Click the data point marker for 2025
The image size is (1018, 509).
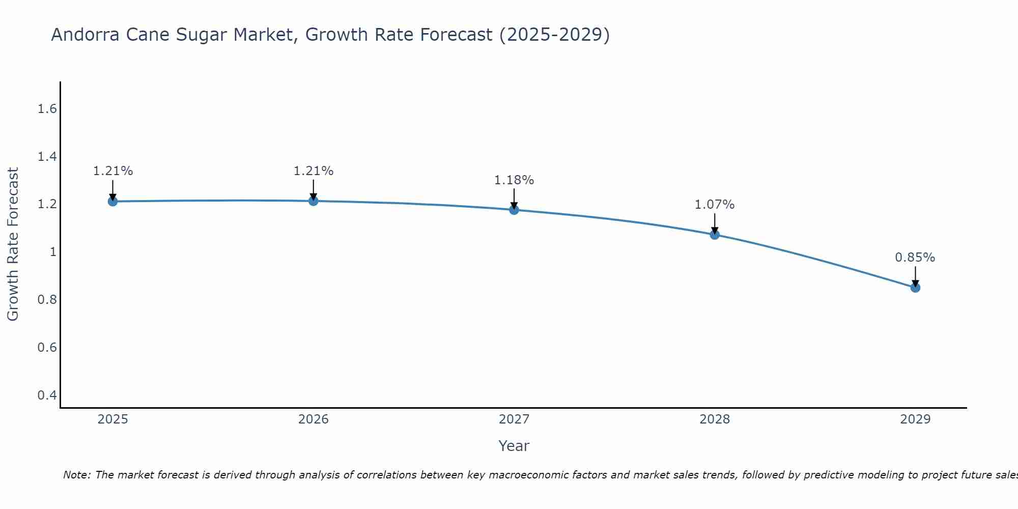(112, 202)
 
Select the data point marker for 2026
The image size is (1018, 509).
(314, 201)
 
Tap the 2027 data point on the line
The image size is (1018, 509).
(514, 210)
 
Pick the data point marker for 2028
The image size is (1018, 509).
(715, 235)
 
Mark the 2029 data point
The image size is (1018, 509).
(915, 288)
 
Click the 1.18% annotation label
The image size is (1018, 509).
(514, 180)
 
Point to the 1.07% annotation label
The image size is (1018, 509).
(715, 205)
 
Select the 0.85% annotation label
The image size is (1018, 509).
(915, 258)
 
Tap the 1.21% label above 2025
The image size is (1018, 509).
(112, 171)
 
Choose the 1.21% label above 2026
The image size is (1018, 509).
(314, 171)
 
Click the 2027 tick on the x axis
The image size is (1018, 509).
(514, 419)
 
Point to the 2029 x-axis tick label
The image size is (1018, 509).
(915, 419)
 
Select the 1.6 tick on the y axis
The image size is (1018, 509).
(47, 109)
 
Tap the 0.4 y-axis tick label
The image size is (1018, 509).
(47, 395)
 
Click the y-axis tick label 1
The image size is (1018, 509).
(53, 252)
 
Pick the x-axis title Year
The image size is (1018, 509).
(514, 446)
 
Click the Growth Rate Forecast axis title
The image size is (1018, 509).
(13, 244)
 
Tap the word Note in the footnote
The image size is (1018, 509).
(76, 475)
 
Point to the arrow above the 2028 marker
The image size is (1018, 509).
(715, 223)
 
